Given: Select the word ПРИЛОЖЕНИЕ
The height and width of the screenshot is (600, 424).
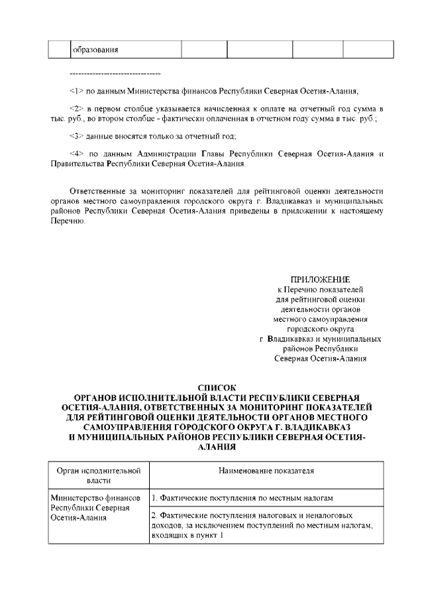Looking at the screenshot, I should click(x=321, y=279).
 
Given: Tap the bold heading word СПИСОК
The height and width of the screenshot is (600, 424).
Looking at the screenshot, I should click(x=217, y=387).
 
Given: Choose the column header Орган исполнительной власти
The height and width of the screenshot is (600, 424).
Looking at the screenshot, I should click(x=99, y=475).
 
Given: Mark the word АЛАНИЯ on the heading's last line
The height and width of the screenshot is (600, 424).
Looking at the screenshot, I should click(x=217, y=448).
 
